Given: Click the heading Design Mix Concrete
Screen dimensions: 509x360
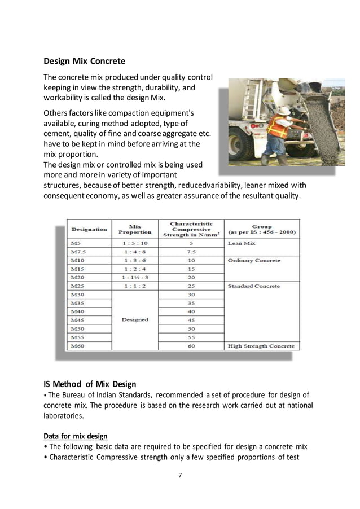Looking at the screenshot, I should (85, 60).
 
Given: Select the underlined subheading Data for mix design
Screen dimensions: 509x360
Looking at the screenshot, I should (76, 436).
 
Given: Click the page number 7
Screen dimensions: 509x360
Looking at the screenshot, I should (179, 475).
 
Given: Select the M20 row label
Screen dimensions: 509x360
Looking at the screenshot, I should (77, 278).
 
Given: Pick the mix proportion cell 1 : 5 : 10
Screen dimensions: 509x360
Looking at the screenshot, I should (135, 243).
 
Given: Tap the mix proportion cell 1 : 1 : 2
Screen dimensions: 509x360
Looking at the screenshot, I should (135, 286).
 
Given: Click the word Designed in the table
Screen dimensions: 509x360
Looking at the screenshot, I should (135, 319).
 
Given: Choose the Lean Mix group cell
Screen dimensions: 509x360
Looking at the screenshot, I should (242, 243).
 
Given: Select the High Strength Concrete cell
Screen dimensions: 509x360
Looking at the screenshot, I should (261, 346).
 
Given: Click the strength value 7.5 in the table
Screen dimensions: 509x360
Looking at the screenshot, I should (191, 252).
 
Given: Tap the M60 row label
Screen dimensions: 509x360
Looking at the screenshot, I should (77, 346).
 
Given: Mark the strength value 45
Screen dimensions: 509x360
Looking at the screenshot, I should (191, 320).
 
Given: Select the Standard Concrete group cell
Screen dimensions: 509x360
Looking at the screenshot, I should (253, 286).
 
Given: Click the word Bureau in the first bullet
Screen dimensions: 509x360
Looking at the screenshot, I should (79, 395).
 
